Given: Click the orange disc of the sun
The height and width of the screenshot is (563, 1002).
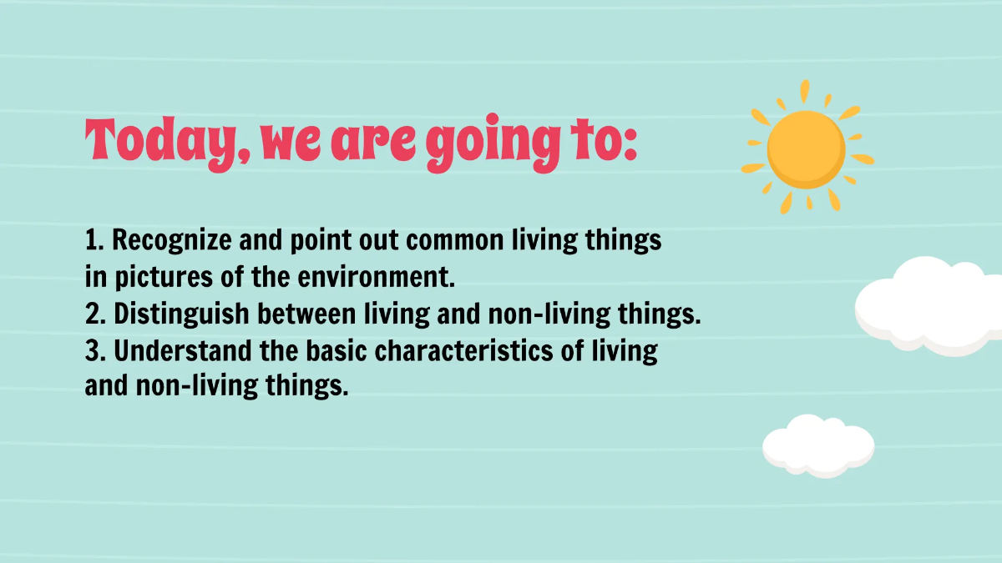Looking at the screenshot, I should pyautogui.click(x=806, y=148).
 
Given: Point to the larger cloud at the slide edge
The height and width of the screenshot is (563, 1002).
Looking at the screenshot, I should pyautogui.click(x=931, y=300).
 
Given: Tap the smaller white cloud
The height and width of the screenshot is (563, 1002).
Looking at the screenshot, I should pyautogui.click(x=817, y=444).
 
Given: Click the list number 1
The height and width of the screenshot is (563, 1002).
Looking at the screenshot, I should pyautogui.click(x=92, y=240).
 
